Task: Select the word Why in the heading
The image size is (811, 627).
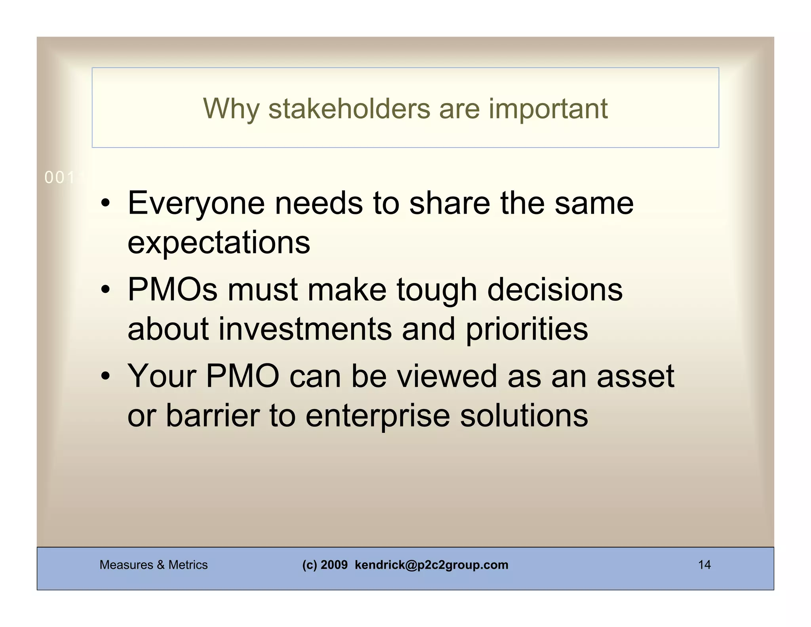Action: (231, 109)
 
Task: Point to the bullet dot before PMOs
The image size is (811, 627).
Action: (105, 291)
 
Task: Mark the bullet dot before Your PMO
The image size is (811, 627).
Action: (105, 377)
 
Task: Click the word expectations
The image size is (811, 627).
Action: (219, 243)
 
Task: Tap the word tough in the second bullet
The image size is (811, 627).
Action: (436, 291)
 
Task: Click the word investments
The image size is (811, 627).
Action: (305, 329)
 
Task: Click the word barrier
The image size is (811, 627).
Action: (212, 415)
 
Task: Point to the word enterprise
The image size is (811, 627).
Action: (377, 416)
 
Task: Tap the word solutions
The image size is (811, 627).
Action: (524, 415)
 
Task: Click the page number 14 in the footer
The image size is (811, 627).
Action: (704, 565)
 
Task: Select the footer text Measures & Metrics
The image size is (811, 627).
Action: (154, 565)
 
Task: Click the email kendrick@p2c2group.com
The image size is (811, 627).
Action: (431, 565)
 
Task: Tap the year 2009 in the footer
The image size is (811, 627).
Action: (334, 565)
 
